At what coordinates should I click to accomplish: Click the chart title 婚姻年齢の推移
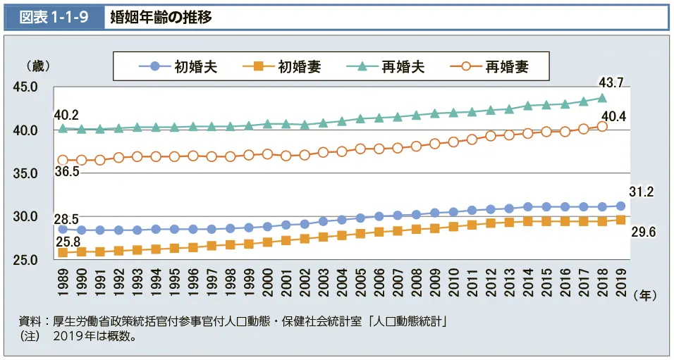click(161, 16)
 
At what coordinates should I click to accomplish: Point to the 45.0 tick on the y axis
click(25, 87)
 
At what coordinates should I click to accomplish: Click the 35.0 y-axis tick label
click(25, 173)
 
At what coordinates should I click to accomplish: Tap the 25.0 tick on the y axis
click(25, 260)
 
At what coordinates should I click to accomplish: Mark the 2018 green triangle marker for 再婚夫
click(602, 98)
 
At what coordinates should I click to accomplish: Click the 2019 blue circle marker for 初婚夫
click(620, 206)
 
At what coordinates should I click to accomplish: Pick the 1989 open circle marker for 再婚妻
click(63, 161)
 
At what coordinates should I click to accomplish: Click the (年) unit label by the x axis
click(645, 297)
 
